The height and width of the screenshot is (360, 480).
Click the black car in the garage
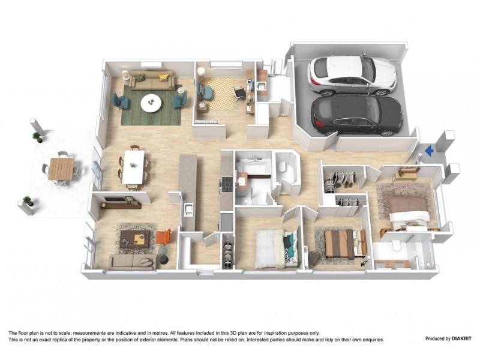[357, 115]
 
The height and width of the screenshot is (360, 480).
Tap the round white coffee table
[151, 104]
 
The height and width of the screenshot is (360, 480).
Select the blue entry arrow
[428, 152]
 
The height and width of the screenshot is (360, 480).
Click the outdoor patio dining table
[61, 169]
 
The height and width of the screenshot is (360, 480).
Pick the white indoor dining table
[133, 167]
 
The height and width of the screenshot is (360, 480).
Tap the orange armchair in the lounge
[164, 237]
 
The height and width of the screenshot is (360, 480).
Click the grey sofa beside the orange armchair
[132, 261]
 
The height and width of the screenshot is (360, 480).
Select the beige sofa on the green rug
[152, 81]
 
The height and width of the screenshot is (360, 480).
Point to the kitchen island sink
[188, 209]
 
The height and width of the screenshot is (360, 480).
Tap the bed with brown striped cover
[340, 243]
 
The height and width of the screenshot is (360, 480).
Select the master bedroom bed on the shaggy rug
[409, 208]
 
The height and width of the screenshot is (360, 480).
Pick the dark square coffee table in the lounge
[134, 238]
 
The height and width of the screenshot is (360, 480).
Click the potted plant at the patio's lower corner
[28, 201]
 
